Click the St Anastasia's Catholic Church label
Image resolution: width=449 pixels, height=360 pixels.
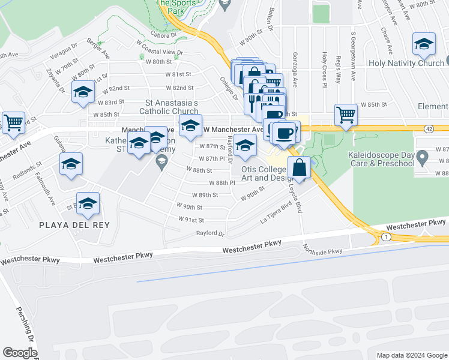[x=169, y=106]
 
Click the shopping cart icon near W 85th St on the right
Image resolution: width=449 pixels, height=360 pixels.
[x=345, y=113]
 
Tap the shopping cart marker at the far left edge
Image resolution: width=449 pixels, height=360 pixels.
[x=13, y=122]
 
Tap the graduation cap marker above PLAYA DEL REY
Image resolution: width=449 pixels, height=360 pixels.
[x=88, y=204]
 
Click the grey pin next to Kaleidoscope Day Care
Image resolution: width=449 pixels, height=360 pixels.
[x=422, y=159]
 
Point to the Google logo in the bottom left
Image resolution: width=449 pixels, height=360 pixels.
[x=20, y=352]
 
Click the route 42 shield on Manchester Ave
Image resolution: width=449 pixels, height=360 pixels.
[x=428, y=128]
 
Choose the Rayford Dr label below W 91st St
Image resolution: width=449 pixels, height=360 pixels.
[x=210, y=234]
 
